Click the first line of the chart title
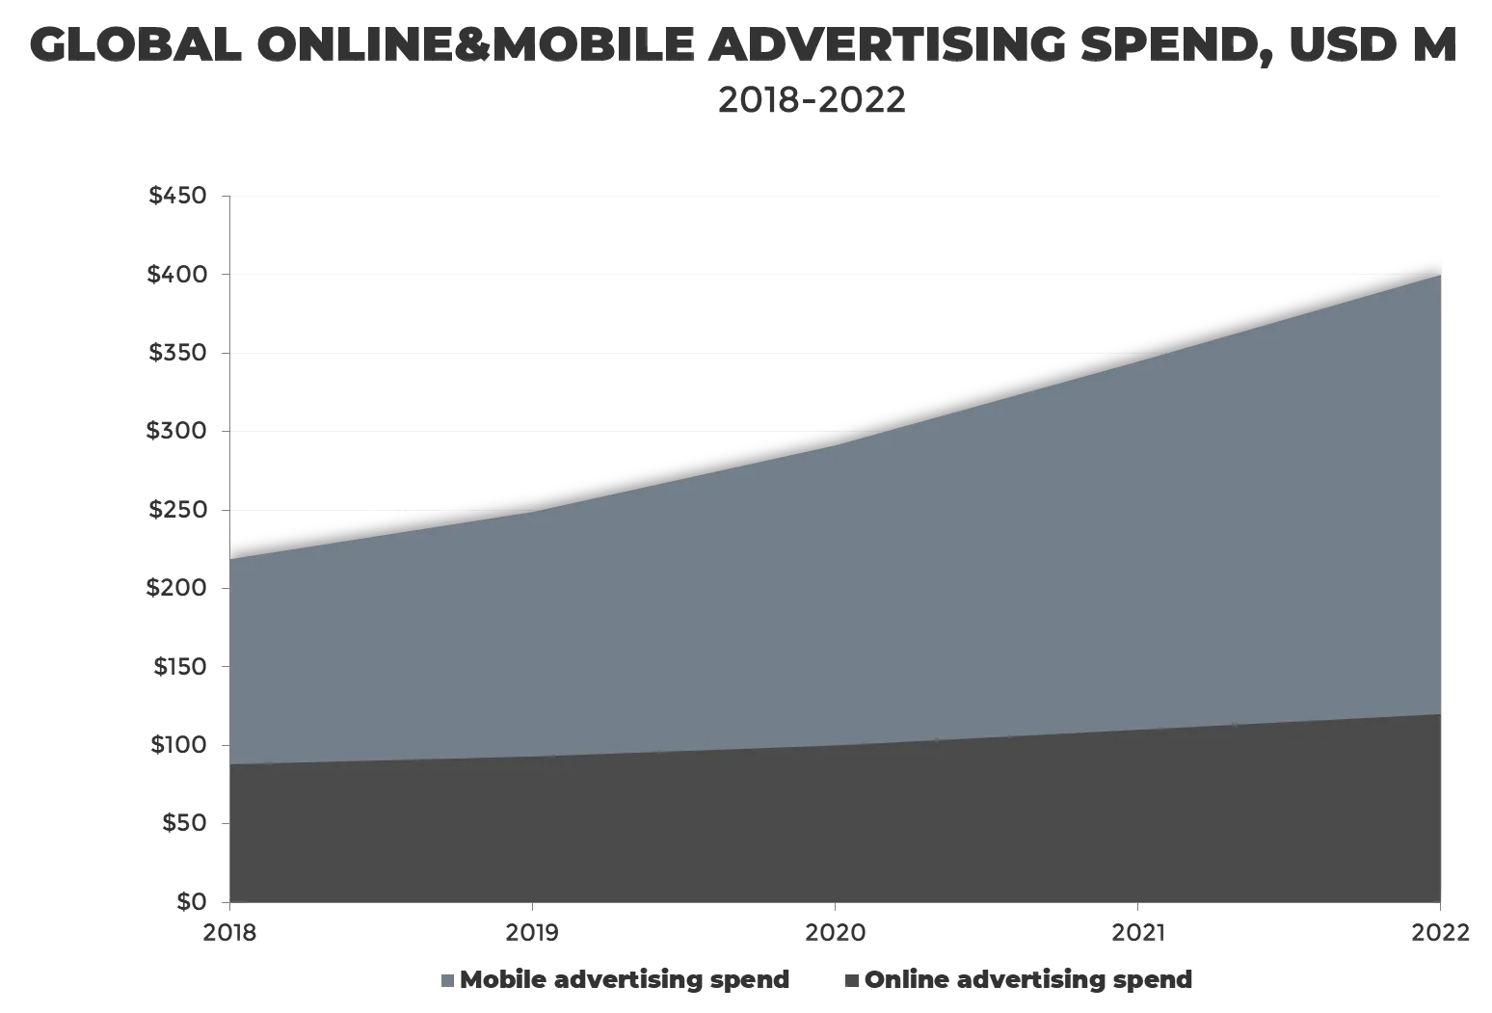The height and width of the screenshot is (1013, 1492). (740, 45)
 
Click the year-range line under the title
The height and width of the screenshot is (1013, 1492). (813, 100)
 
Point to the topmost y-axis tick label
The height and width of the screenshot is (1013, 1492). (177, 198)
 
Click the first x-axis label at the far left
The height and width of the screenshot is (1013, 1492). (230, 930)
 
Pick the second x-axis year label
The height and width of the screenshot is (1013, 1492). (532, 930)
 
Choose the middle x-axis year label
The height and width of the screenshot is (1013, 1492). (836, 930)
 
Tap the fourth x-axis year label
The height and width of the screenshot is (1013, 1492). (1137, 930)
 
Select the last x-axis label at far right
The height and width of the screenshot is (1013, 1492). (1441, 930)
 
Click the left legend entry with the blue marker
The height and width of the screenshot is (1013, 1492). (623, 980)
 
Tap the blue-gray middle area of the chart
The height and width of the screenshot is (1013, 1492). (835, 598)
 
